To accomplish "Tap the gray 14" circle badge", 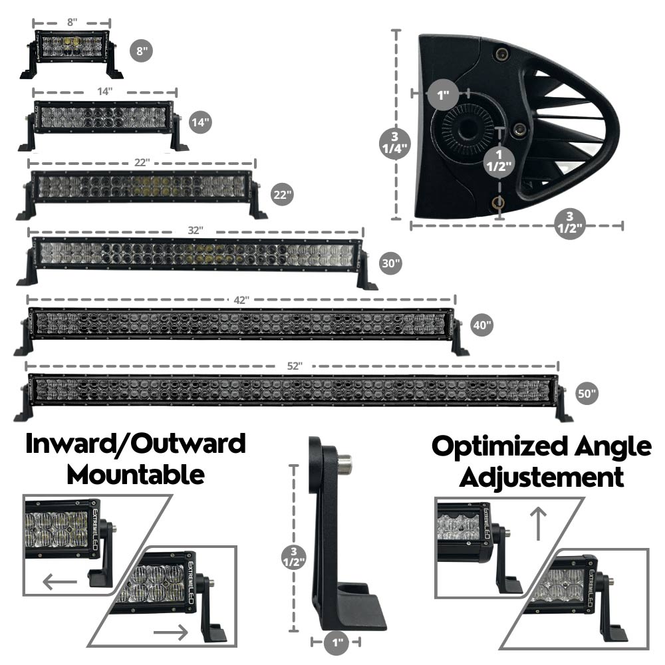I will click(x=199, y=122).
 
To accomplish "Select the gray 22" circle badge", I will click(x=282, y=195).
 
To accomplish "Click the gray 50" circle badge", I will click(x=587, y=394).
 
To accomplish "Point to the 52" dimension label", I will click(x=295, y=366).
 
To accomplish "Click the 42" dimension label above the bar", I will click(x=241, y=299).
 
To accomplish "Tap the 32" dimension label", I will click(x=195, y=229).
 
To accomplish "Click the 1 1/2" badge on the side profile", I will click(x=499, y=161).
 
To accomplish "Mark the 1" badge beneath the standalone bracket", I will click(x=336, y=642).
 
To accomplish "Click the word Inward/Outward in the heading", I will click(x=136, y=444).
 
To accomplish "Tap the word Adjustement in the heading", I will click(x=542, y=477).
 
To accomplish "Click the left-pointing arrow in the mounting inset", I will click(x=60, y=583).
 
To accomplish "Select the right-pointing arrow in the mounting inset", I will click(x=170, y=632).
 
